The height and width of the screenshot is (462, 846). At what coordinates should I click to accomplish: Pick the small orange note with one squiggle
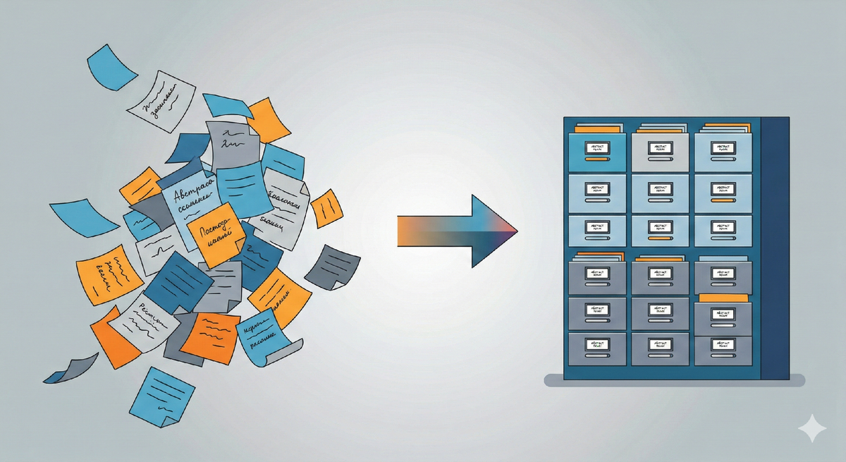pyautogui.click(x=326, y=208)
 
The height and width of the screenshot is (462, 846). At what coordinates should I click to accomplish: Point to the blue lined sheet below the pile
pyautogui.click(x=161, y=395)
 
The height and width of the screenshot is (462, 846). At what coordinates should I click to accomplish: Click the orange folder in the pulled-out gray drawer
pyautogui.click(x=722, y=297)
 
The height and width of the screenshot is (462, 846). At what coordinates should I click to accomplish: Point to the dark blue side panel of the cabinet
pyautogui.click(x=775, y=247)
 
